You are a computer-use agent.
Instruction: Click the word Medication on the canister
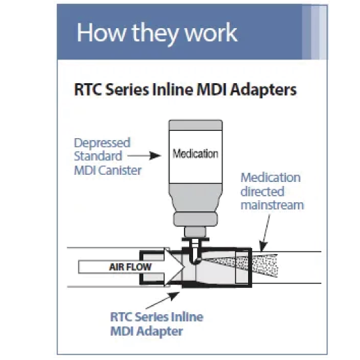point(195,154)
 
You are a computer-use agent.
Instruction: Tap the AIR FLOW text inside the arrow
point(130,267)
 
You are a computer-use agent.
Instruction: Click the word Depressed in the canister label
point(102,143)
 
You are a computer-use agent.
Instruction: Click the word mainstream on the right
point(272,205)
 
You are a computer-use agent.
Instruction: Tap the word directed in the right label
point(262,191)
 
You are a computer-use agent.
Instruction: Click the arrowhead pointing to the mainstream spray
point(264,246)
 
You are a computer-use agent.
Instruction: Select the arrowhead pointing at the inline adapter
point(174,296)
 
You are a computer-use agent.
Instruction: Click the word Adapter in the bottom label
point(160,331)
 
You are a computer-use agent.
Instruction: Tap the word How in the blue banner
point(101,32)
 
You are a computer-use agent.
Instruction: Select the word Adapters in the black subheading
point(263,90)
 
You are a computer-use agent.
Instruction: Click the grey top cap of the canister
point(196,125)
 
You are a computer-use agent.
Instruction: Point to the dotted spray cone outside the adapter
point(265,265)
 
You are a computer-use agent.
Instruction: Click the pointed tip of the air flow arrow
point(185,267)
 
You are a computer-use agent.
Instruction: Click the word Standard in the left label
point(98,156)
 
